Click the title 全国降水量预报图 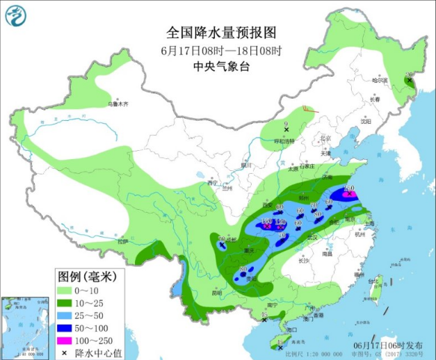click(221, 33)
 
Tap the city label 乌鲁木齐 click(118, 104)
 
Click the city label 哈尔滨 click(380, 81)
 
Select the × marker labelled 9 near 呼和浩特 click(286, 129)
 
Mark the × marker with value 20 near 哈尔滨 click(410, 81)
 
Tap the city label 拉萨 click(122, 240)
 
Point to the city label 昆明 click(216, 293)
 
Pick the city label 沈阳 click(366, 120)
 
